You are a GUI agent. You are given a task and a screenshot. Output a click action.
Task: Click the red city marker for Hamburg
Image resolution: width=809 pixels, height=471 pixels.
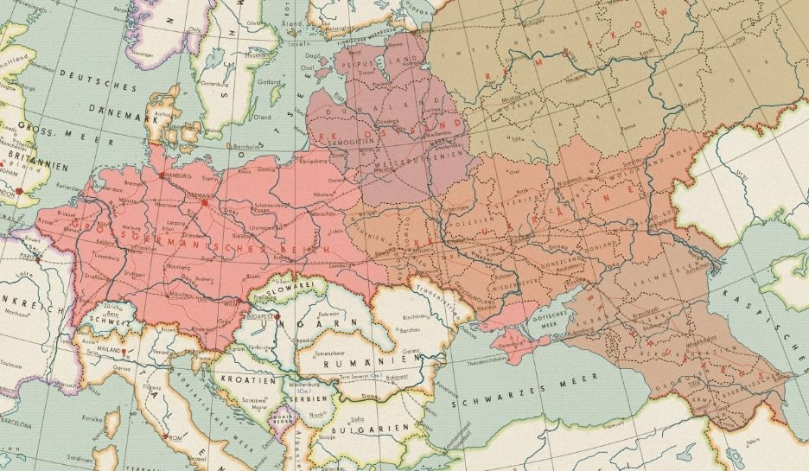(x=162, y=175)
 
